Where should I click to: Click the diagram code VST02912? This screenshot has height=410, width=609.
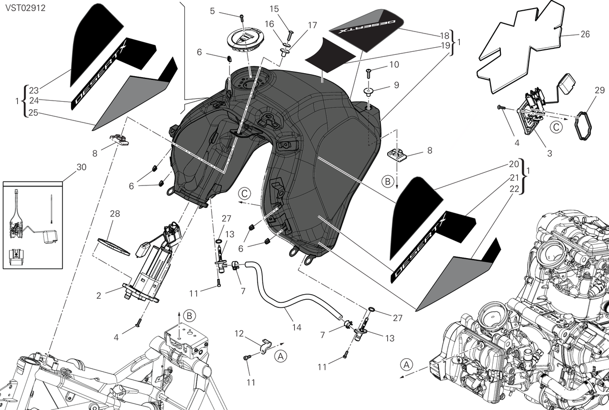(25, 8)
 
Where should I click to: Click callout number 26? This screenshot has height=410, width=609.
(585, 35)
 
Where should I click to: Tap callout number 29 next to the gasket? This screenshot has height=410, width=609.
(599, 90)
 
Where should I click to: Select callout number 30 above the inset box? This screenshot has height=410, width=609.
(81, 167)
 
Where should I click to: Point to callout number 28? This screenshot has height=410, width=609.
(115, 213)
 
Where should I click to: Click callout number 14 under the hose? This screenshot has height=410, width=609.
(296, 327)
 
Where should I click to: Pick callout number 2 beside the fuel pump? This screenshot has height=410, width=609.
(98, 295)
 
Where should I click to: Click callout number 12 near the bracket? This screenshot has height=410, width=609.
(239, 333)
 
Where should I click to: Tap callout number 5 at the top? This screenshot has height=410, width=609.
(212, 11)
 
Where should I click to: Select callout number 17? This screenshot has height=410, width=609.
(313, 25)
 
